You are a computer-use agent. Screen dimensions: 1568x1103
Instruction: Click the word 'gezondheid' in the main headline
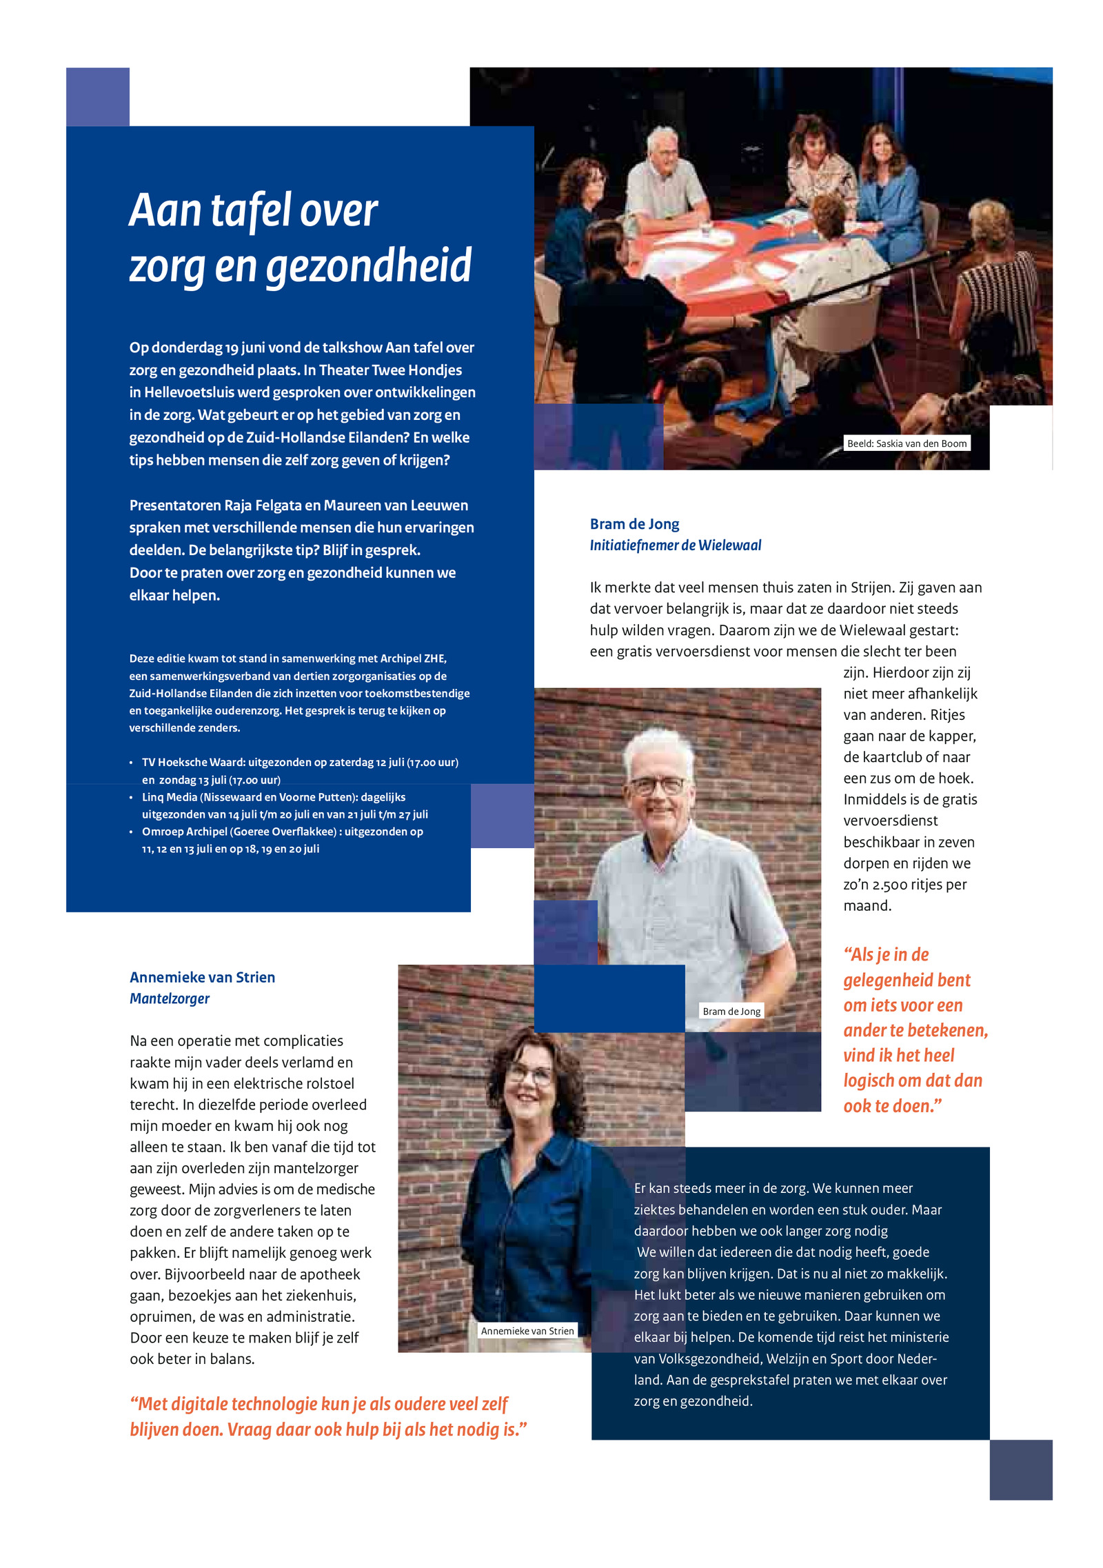point(369,266)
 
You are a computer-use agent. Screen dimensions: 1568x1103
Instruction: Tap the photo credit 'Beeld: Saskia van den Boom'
point(907,443)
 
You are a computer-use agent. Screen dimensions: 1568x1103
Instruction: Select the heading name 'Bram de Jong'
point(634,524)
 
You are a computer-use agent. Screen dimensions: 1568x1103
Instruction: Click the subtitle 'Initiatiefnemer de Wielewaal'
point(675,545)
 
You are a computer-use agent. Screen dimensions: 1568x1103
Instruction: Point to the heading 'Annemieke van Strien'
point(202,977)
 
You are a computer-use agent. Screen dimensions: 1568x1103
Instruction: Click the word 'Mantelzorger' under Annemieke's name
point(170,998)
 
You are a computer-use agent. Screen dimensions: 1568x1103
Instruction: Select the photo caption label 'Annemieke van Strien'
point(527,1331)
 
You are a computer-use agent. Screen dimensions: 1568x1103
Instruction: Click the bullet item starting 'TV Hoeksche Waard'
point(300,762)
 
